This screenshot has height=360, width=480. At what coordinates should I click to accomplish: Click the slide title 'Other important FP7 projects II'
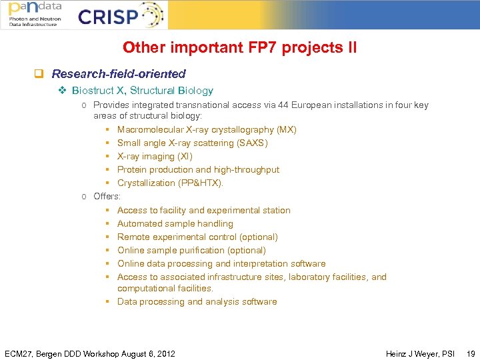239,48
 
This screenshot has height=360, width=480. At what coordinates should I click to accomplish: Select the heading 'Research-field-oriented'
119,74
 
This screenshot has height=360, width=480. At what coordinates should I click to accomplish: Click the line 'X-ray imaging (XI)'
155,157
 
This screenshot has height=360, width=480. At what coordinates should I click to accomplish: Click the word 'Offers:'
107,197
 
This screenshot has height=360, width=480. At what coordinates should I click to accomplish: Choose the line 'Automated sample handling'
175,224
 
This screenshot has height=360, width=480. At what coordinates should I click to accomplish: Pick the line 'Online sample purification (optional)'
191,251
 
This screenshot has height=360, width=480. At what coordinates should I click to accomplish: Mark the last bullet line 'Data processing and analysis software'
197,302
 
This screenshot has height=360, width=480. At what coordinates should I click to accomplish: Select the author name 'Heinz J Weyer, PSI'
420,353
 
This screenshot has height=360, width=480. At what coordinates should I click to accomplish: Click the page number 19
471,353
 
